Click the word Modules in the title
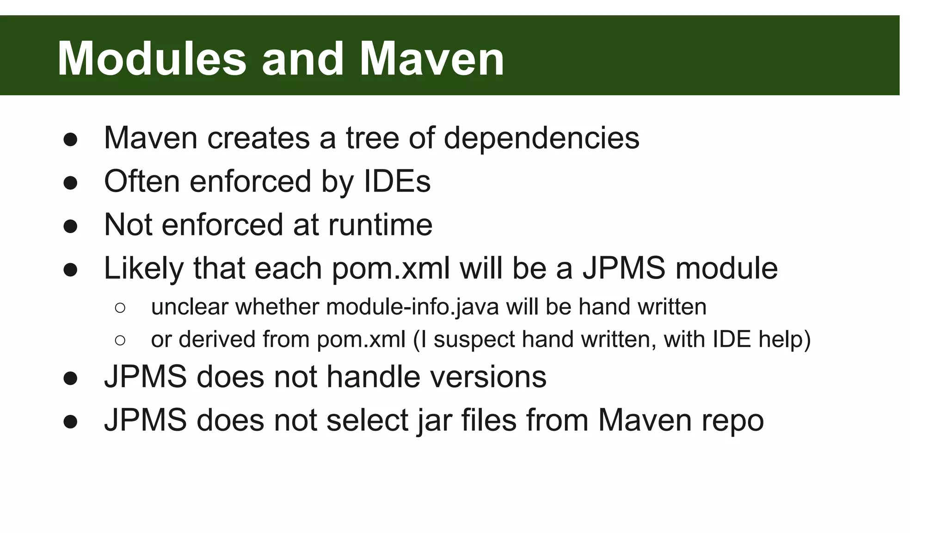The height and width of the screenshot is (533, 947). click(152, 59)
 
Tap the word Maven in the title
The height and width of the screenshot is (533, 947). click(431, 59)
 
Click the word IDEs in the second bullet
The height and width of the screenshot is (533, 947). click(397, 181)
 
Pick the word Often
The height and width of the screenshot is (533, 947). click(141, 181)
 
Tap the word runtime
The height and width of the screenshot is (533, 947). click(380, 224)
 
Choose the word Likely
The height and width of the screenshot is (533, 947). click(143, 268)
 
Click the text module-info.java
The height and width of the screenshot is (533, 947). click(412, 307)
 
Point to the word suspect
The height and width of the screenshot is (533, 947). click(474, 340)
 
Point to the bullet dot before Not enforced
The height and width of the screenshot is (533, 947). click(70, 226)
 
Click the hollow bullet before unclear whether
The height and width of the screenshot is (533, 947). click(120, 308)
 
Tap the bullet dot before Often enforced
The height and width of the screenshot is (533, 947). click(70, 183)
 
